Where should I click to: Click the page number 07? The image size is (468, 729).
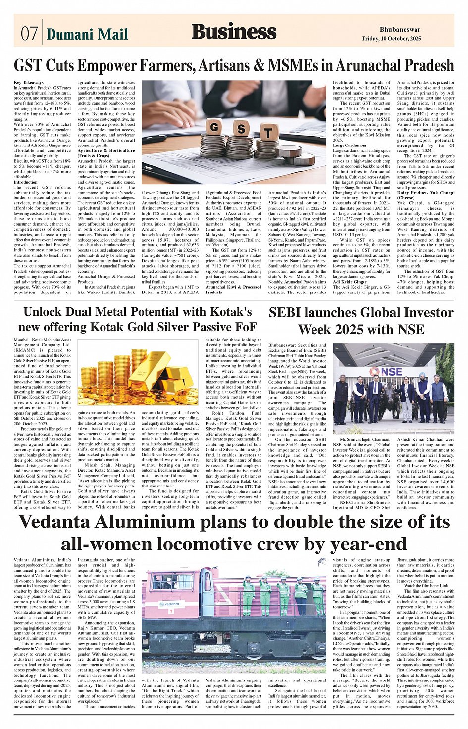tap(29, 33)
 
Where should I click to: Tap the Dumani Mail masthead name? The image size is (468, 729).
tap(87, 34)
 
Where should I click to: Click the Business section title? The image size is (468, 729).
tap(234, 32)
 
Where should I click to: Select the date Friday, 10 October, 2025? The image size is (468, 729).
tap(391, 38)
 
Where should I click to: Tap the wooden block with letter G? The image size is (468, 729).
tap(214, 127)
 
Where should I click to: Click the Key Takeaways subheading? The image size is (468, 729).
tap(29, 83)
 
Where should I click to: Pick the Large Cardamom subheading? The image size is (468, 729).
tap(350, 146)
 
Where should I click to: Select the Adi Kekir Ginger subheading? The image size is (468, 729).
tap(350, 282)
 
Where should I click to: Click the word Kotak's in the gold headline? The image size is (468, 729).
tap(228, 312)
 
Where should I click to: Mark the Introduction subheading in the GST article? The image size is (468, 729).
tap(26, 182)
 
